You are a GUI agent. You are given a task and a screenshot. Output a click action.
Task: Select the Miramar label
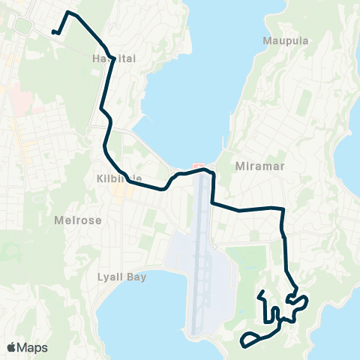click(259, 166)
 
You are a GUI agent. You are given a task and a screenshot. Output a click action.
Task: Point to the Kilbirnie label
click(115, 179)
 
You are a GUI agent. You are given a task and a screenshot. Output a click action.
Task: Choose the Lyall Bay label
click(121, 277)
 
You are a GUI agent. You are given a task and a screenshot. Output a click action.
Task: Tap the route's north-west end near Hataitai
click(53, 32)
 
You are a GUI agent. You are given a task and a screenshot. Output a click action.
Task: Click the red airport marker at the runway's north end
click(198, 166)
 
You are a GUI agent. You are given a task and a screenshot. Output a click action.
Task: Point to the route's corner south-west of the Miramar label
click(213, 202)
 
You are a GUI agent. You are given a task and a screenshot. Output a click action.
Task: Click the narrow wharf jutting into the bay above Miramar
click(223, 147)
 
